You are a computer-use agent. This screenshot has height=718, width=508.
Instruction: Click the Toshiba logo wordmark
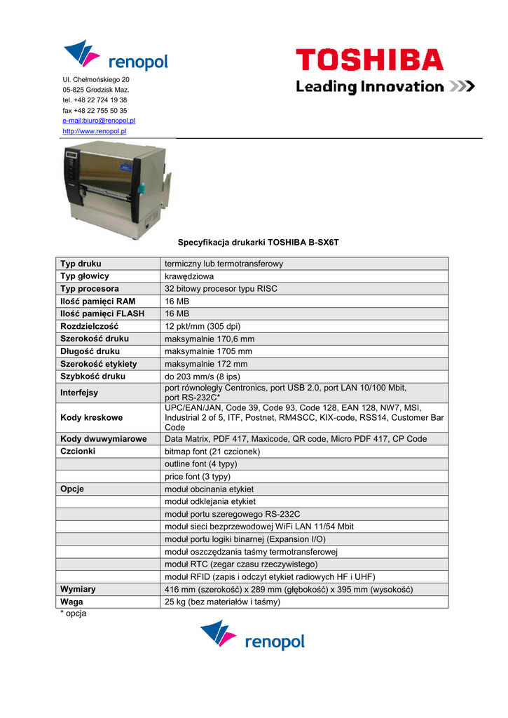coord(369,60)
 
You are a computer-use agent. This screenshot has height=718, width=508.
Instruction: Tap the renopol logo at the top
coord(116,56)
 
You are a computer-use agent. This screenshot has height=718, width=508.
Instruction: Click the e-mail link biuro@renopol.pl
coord(99,121)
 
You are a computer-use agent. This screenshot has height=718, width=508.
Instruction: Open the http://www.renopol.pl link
coord(94,131)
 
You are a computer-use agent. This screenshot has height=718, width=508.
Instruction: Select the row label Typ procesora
coord(90,289)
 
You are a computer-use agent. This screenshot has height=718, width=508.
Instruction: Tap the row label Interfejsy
coord(79,393)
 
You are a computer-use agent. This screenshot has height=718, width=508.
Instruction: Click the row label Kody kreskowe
coord(91,418)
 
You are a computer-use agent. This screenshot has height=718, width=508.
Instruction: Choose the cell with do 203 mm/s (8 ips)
coord(202,377)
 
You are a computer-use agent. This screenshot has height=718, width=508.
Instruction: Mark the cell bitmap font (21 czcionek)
coord(212,452)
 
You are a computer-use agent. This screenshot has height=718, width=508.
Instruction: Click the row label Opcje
coord(72,489)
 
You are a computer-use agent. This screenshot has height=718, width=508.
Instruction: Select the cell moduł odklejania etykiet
coord(210,501)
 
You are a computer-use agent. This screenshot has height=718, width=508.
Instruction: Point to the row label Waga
coord(72,602)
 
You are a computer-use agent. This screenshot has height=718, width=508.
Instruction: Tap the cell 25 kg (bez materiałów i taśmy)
coord(222,602)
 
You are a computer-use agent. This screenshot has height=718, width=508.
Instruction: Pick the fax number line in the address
coord(95,111)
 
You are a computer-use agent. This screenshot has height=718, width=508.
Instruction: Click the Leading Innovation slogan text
coord(369,87)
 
